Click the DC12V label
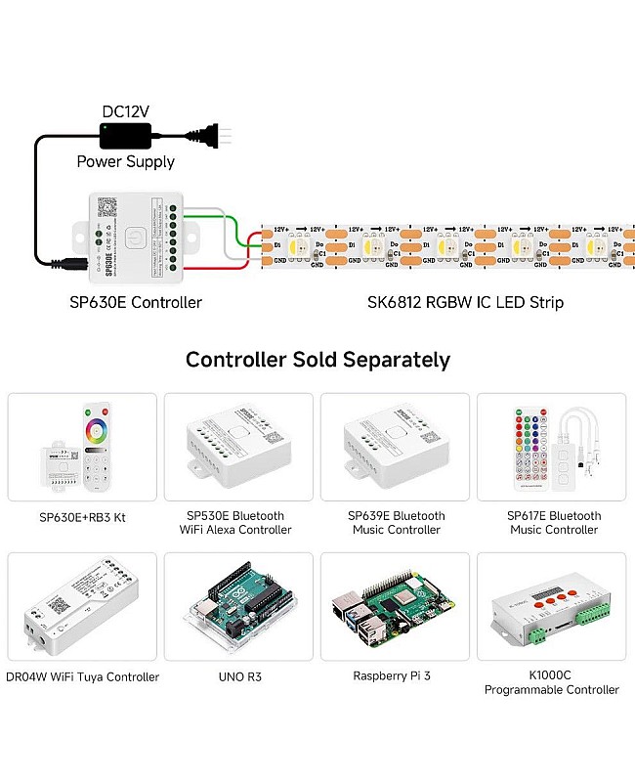[125, 111]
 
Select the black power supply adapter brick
[125, 135]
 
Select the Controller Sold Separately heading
[317, 360]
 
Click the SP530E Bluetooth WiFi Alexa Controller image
[237, 447]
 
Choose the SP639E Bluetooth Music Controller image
[396, 446]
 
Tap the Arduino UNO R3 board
[238, 608]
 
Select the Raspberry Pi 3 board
[395, 608]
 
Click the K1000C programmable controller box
[552, 608]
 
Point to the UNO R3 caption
[238, 676]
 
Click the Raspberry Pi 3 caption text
[396, 675]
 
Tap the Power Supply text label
[125, 161]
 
